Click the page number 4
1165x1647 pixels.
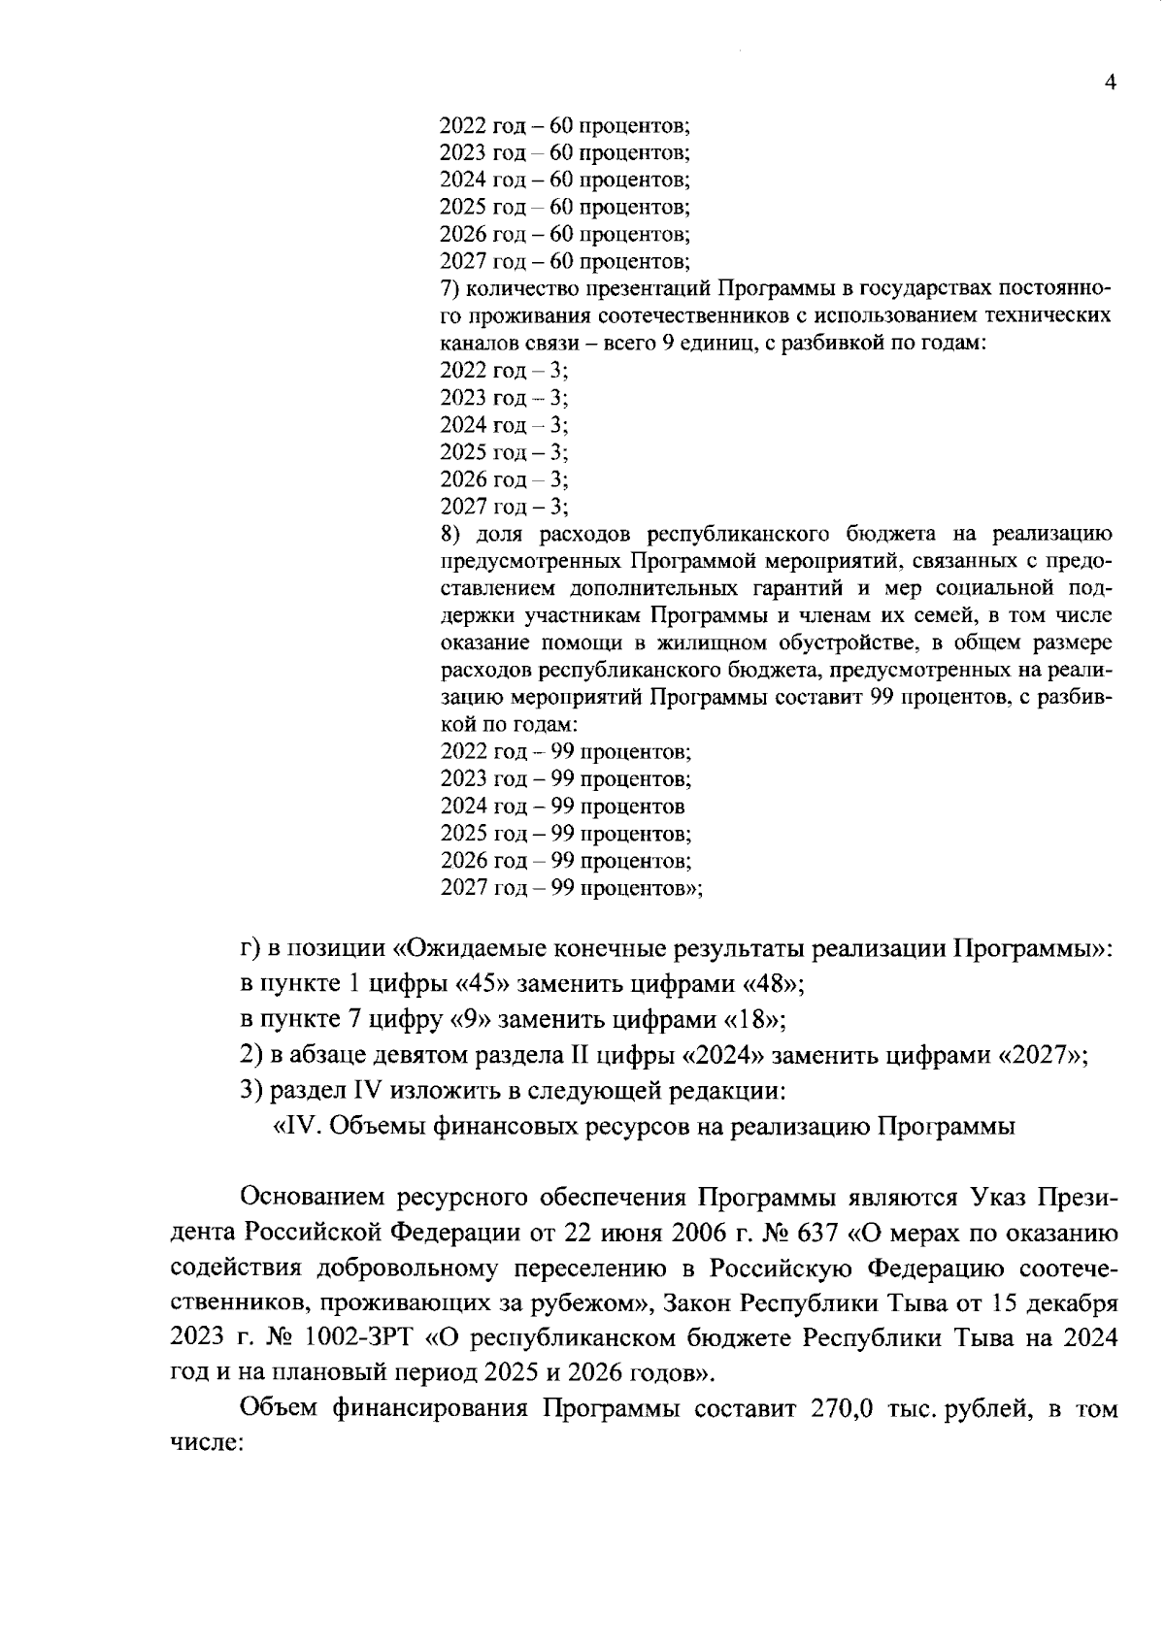point(1111,82)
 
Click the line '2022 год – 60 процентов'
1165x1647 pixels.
point(564,125)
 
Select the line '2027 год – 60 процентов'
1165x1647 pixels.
point(564,261)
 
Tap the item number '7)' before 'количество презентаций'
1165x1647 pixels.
point(449,289)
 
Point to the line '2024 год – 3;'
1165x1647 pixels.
point(504,425)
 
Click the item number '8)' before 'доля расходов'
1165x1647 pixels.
point(449,534)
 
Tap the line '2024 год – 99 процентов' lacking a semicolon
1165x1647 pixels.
point(562,807)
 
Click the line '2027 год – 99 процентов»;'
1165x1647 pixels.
point(571,888)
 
